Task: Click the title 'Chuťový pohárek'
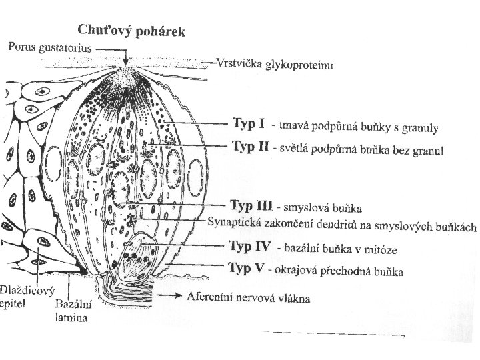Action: [x=132, y=31]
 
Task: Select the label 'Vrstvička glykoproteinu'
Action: [x=275, y=65]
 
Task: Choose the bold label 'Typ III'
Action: [x=251, y=204]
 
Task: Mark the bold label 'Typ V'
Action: [x=247, y=269]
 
